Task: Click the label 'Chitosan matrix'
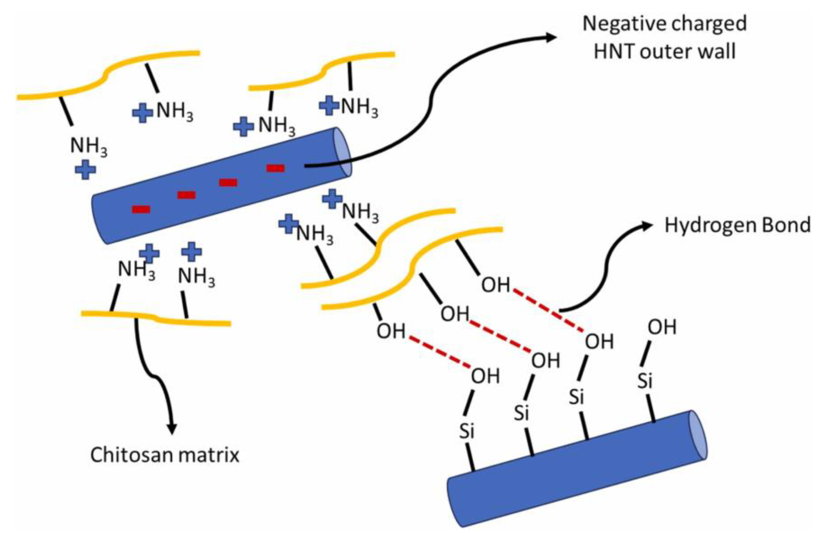pos(165,455)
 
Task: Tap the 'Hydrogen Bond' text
pos(738,225)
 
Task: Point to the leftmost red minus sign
pos(141,209)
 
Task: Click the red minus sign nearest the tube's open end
pos(275,168)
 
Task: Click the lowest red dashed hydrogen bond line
pos(439,352)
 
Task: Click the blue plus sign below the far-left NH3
pos(85,169)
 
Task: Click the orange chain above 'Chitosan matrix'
pos(156,318)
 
